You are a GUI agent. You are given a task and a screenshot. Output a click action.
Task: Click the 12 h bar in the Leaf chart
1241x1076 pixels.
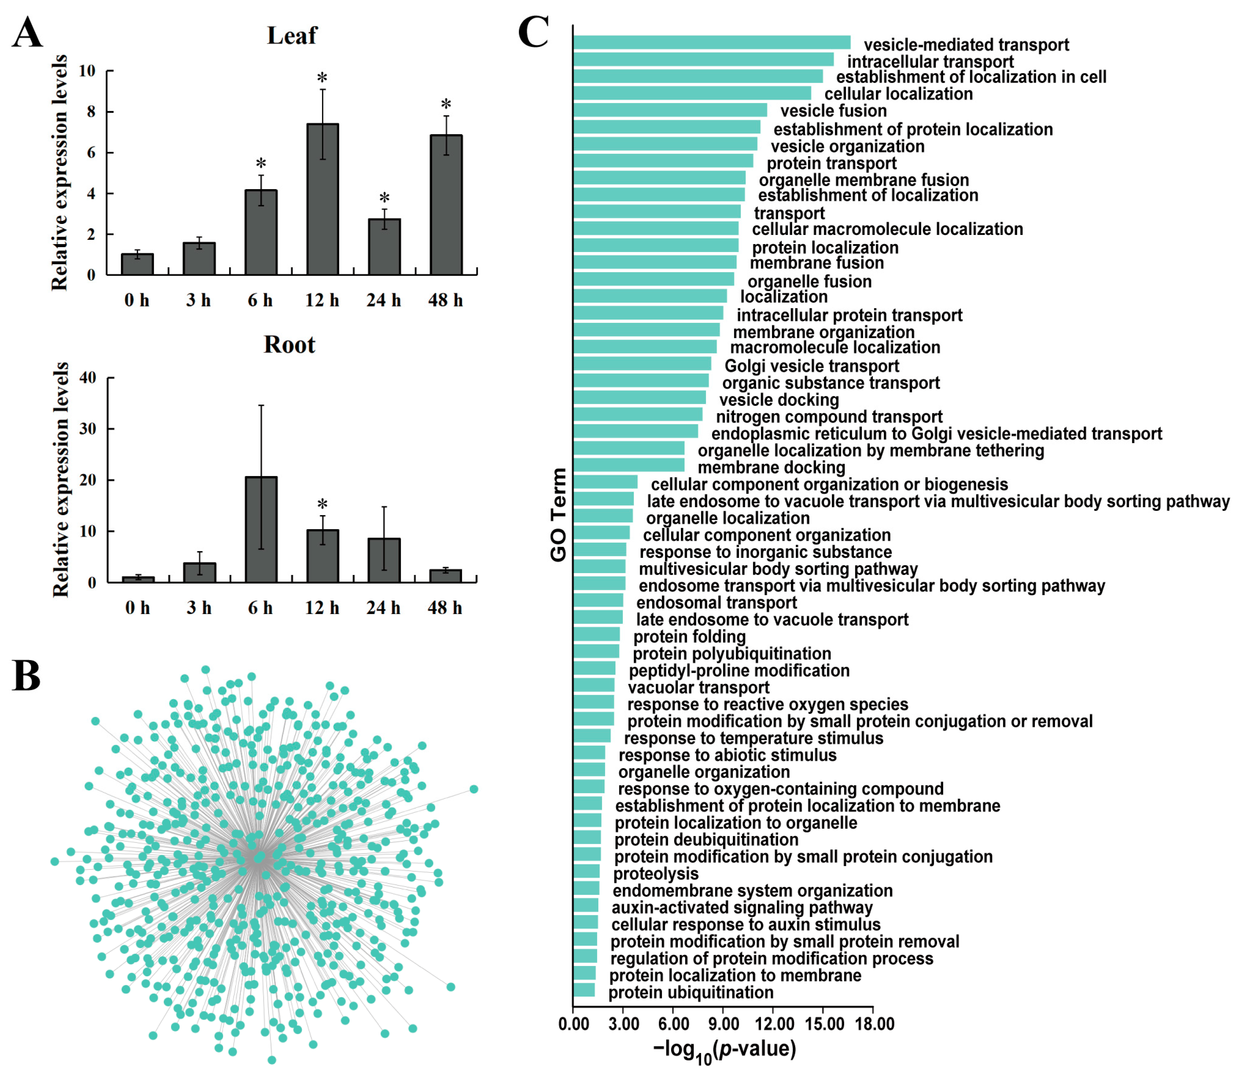point(322,199)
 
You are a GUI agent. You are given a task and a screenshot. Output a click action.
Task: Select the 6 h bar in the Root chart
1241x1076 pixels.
point(261,529)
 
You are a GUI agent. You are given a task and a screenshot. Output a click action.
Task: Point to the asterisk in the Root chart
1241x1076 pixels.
point(322,504)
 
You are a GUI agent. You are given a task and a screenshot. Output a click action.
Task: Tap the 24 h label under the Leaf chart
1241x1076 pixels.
point(383,300)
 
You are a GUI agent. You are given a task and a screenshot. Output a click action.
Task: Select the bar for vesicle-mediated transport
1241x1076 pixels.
point(712,42)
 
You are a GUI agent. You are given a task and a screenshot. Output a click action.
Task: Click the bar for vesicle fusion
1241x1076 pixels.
point(670,110)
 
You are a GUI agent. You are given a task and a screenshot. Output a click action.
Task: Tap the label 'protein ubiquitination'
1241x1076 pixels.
point(691,993)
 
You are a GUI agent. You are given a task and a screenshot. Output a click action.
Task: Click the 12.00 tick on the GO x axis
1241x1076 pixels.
point(774,1024)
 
